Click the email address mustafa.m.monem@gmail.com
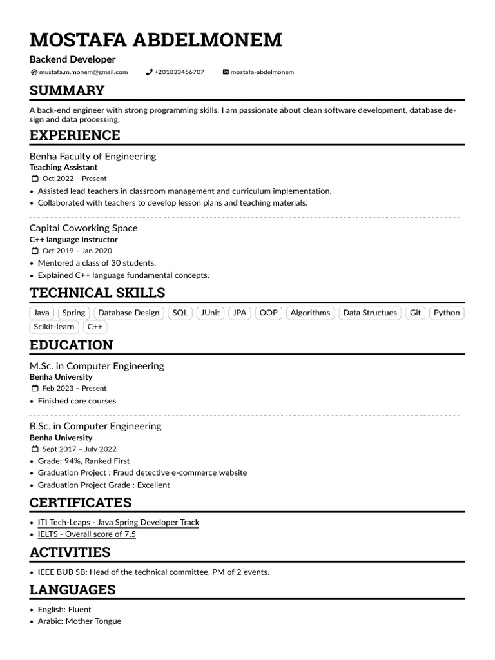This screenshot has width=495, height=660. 83,72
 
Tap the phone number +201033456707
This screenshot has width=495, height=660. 179,72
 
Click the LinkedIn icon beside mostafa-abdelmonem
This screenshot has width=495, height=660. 226,72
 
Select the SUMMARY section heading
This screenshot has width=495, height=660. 67,90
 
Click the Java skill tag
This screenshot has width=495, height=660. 41,313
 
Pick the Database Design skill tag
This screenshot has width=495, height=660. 128,313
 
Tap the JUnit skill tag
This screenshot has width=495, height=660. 210,313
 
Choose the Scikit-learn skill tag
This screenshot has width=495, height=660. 55,327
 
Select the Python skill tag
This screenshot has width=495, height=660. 447,313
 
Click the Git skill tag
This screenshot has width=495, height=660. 415,313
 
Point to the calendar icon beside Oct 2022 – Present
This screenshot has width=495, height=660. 35,179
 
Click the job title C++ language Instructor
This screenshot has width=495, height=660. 73,240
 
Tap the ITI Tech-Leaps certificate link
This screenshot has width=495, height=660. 119,522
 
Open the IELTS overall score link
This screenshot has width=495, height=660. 87,534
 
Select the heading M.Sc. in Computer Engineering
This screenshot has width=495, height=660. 97,366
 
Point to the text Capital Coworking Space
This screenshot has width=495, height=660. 83,228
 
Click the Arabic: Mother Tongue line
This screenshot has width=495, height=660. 79,621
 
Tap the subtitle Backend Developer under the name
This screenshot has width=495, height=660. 72,59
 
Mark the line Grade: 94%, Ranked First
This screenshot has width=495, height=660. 84,461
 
